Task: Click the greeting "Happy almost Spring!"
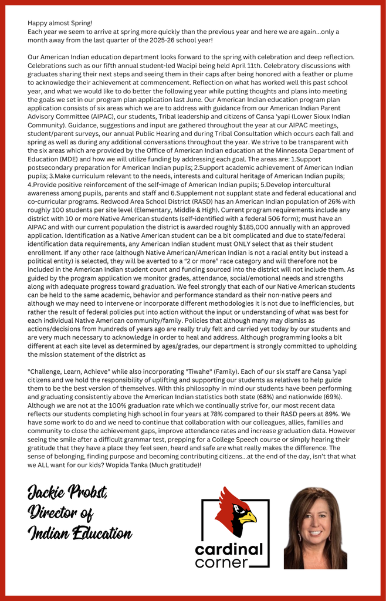click(x=60, y=23)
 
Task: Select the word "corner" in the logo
click(x=222, y=563)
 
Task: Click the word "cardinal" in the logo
click(x=229, y=549)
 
